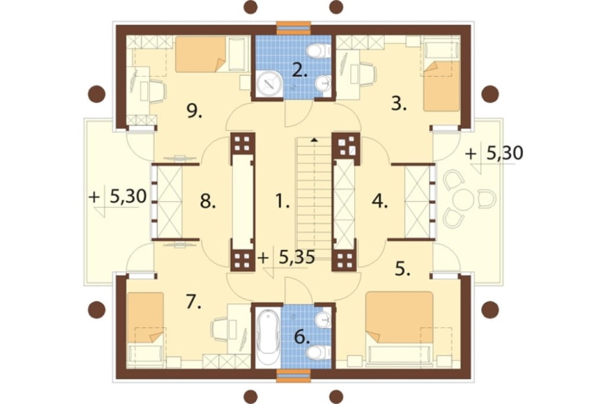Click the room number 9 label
pos(194,112)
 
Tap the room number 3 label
pos(398,104)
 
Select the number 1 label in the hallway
pos(282,201)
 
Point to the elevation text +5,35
pos(287,257)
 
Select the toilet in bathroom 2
pos(319,50)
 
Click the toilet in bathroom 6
pos(319,352)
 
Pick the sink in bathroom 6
pos(323,320)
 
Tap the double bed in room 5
pos(399,317)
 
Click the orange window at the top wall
pos(293,29)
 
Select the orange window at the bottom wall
pos(293,375)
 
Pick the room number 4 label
pos(380,201)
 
